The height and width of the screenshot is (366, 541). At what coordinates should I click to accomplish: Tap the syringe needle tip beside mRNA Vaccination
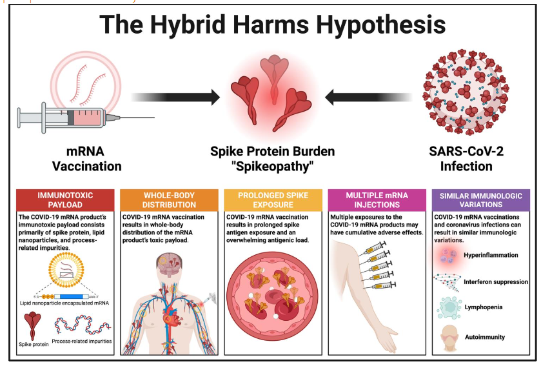click(154, 117)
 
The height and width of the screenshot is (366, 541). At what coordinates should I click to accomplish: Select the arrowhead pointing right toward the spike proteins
click(215, 97)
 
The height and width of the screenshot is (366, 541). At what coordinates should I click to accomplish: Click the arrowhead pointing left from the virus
click(330, 97)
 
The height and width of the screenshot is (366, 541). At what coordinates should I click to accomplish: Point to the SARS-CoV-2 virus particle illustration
click(466, 92)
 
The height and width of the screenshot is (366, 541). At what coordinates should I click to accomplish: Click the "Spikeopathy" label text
click(273, 167)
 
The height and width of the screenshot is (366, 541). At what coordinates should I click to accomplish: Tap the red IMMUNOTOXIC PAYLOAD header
click(65, 200)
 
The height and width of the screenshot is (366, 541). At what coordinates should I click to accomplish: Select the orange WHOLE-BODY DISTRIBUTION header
click(169, 200)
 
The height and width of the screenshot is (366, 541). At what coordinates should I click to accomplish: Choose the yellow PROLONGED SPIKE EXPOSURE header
click(273, 200)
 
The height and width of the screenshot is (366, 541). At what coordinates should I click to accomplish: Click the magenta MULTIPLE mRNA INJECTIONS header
click(377, 200)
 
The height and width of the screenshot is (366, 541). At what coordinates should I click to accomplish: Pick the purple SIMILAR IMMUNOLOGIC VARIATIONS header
click(481, 200)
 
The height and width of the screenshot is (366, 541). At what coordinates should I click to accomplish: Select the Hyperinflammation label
click(491, 255)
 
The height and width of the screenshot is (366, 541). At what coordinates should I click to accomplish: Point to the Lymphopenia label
click(484, 307)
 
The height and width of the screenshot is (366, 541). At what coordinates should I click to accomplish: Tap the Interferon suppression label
click(496, 281)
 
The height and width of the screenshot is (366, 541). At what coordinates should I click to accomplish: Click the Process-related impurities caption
click(82, 341)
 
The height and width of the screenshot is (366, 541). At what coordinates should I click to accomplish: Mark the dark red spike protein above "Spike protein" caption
click(33, 325)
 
